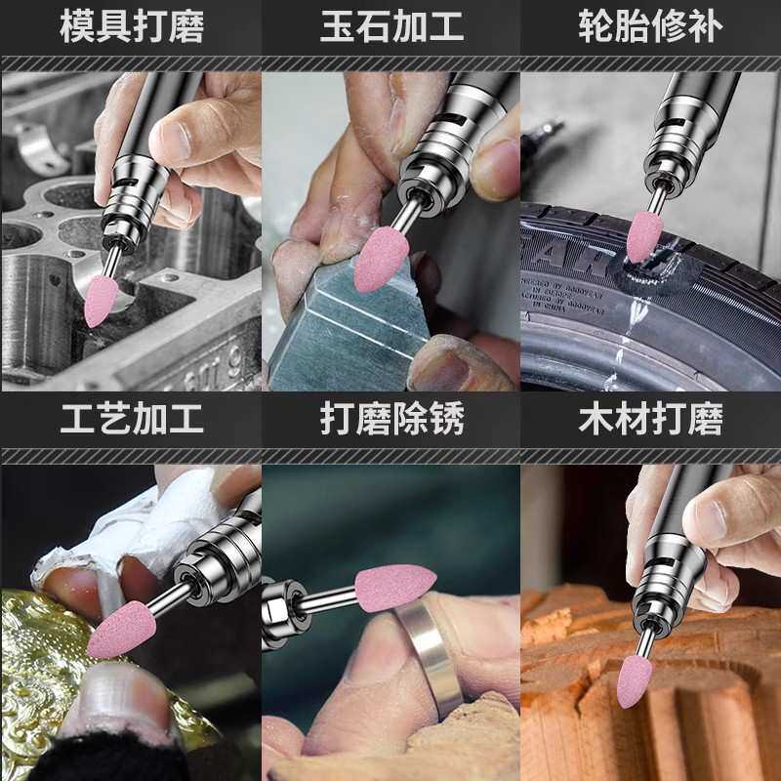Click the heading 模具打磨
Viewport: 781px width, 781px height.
[x=132, y=26]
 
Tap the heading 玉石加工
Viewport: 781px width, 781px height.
[x=391, y=26]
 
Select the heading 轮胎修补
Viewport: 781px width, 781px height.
[x=650, y=26]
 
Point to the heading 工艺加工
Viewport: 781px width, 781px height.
[x=132, y=419]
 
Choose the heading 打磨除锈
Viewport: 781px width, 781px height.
[x=391, y=419]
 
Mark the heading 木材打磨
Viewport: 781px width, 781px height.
[x=650, y=419]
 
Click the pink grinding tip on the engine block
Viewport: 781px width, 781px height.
[x=101, y=302]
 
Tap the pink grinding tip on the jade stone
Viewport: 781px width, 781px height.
[x=381, y=259]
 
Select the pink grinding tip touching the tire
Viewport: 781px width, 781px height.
[x=644, y=236]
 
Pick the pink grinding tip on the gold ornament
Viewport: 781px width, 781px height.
[x=121, y=630]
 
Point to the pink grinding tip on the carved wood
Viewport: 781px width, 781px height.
[x=634, y=681]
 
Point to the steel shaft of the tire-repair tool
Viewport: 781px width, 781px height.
[x=656, y=199]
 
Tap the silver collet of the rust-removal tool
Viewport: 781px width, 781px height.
[x=280, y=612]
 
